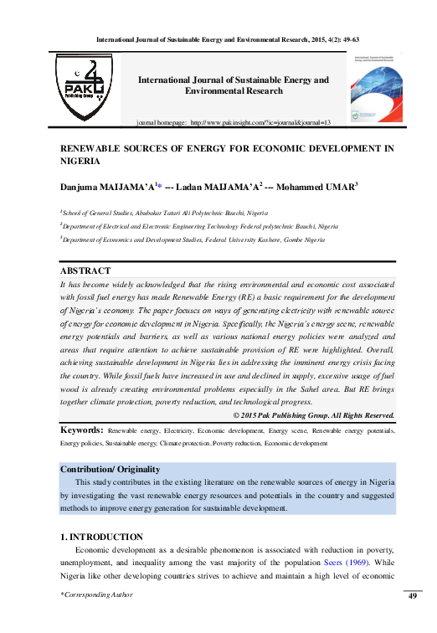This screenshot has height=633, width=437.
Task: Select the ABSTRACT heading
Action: pyautogui.click(x=85, y=271)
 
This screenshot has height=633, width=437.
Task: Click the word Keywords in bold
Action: pyautogui.click(x=82, y=430)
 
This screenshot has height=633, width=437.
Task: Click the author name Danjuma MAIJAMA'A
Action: pyautogui.click(x=105, y=186)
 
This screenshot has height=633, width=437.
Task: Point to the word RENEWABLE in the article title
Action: pyautogui.click(x=95, y=147)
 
